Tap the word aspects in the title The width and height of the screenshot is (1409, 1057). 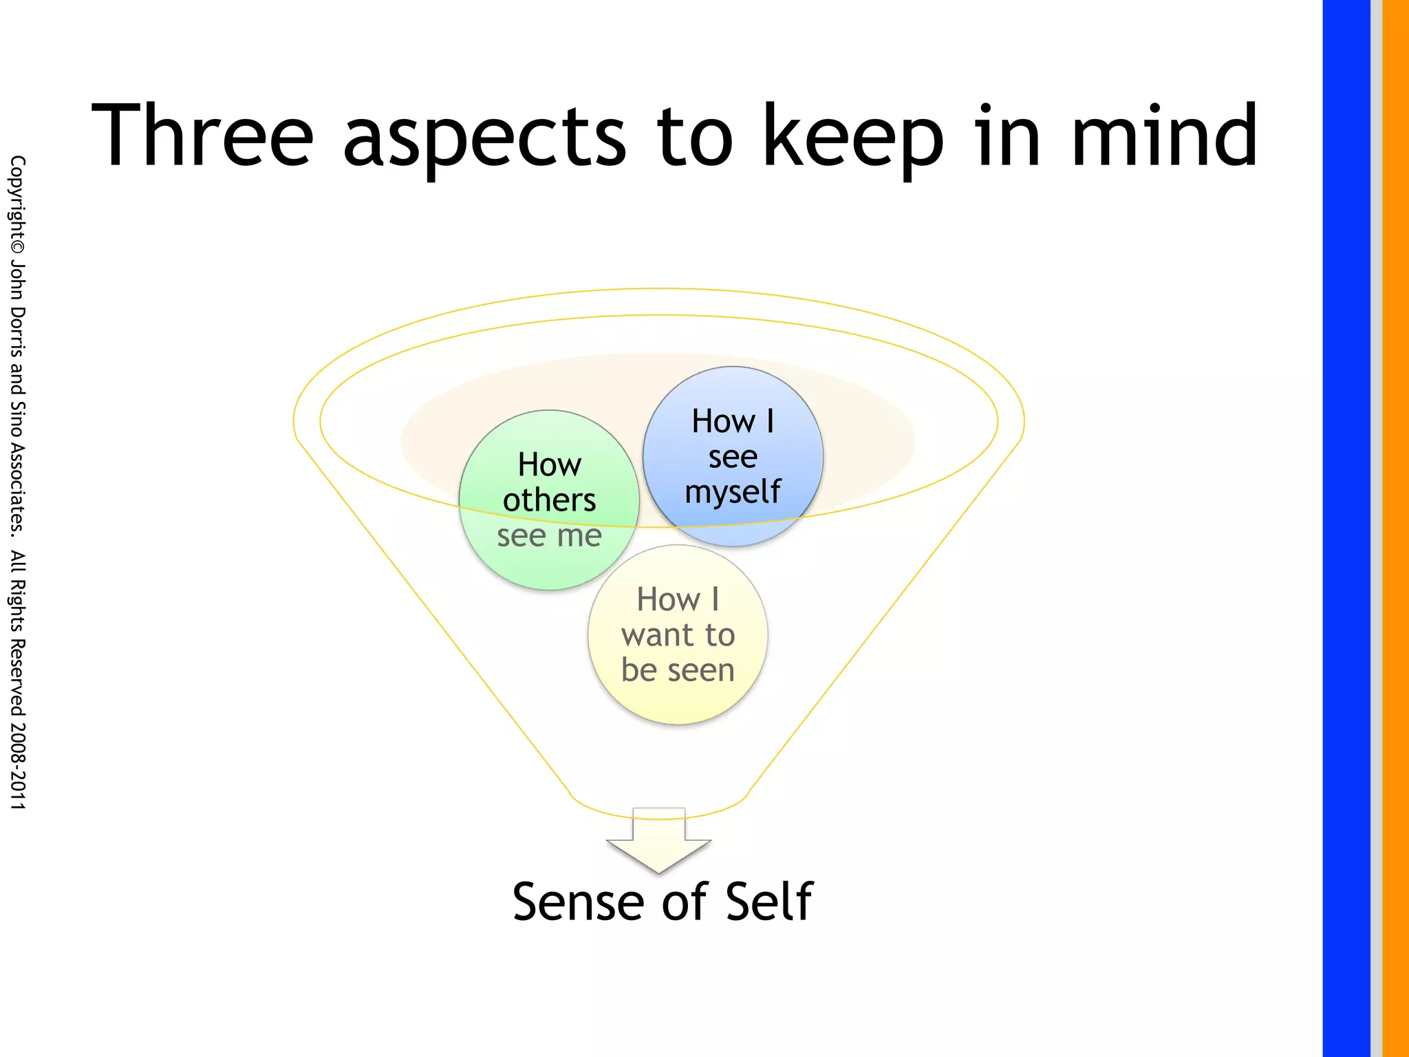pos(484,138)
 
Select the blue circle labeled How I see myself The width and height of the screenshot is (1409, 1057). pos(733,392)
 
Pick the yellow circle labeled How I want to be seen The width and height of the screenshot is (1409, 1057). pos(678,702)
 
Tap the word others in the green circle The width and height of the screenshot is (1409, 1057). pos(549,500)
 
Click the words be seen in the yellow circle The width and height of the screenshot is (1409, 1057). pos(678,670)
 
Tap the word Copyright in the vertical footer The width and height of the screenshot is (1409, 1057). pos(17,196)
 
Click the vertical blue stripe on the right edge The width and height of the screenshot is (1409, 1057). pos(1346,528)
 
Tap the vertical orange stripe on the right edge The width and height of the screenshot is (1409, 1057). pos(1396,528)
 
